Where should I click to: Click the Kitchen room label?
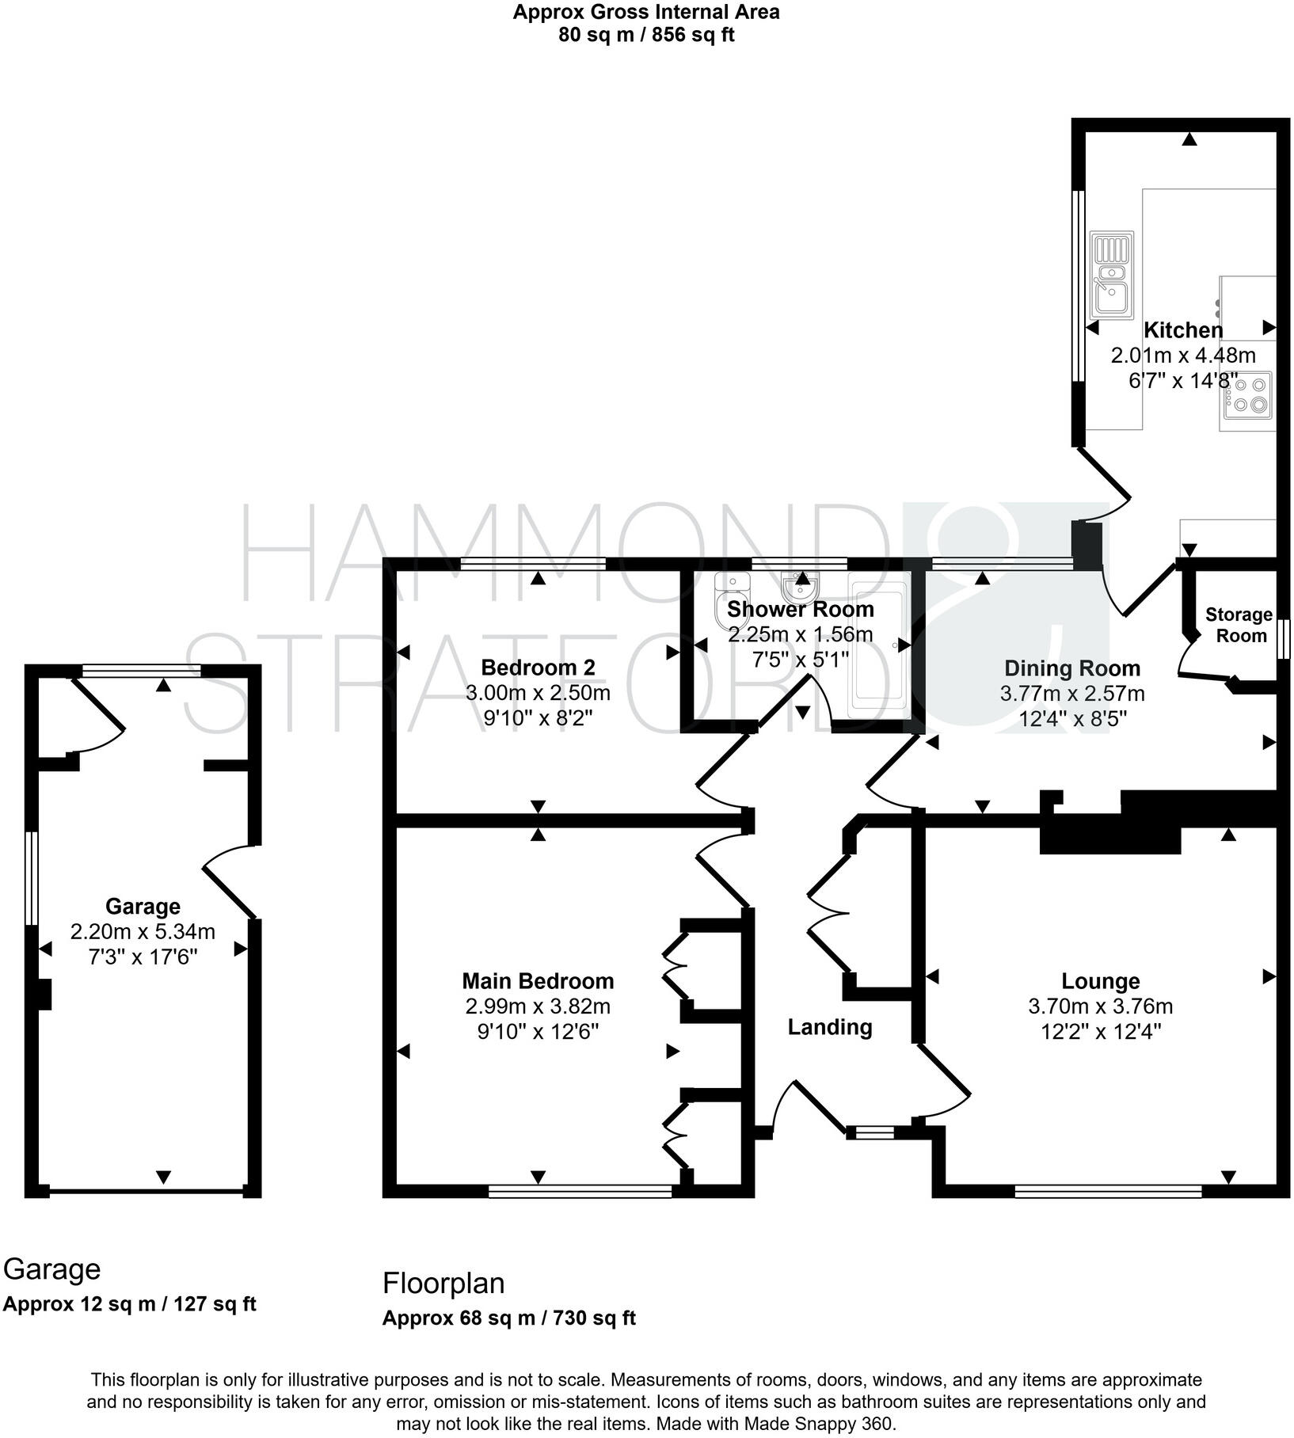tap(1183, 330)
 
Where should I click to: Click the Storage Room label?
tap(1239, 625)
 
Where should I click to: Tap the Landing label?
tap(829, 1027)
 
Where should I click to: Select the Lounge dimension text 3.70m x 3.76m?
tap(1100, 1006)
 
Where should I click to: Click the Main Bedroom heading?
tap(538, 981)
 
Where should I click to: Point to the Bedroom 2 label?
tap(538, 668)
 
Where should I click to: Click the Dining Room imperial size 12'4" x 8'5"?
tap(1071, 718)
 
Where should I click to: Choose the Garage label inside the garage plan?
tap(143, 906)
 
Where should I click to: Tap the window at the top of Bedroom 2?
tap(533, 564)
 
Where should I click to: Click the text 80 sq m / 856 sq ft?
tap(646, 36)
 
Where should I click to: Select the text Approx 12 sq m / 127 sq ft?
tap(129, 1304)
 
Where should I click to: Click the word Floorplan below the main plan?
tap(443, 1284)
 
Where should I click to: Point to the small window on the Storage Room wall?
tap(1285, 638)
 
